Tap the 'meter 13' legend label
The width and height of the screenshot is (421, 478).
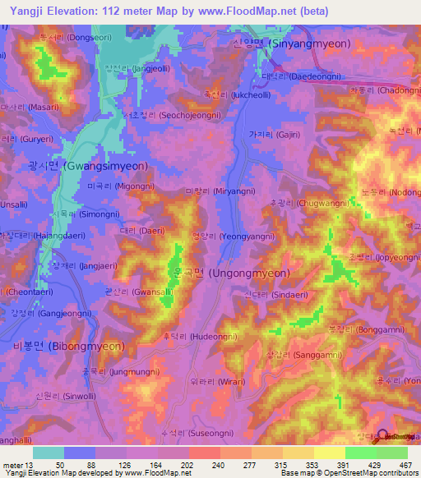16,465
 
